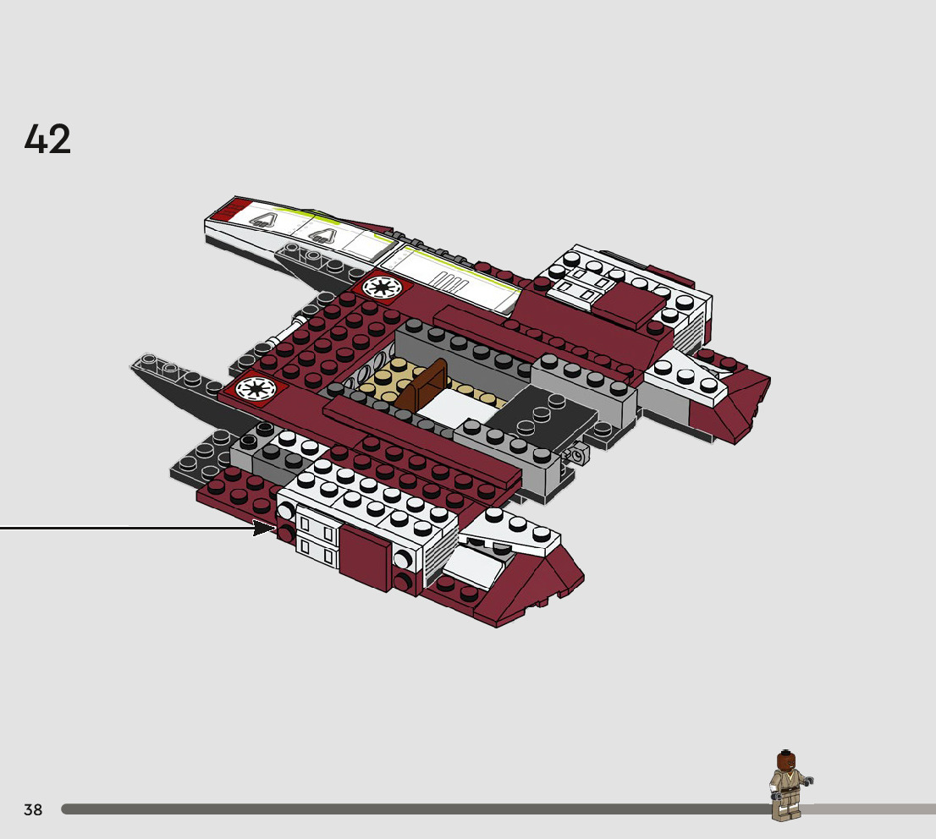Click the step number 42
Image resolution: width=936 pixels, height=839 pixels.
[48, 140]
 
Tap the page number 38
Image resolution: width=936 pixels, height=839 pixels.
[33, 809]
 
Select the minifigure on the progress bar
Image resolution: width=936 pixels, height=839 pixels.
[789, 787]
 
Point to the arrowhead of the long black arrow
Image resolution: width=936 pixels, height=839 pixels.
[267, 529]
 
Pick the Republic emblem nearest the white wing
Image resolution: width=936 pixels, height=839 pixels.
[381, 287]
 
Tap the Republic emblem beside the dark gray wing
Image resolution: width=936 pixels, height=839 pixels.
[252, 388]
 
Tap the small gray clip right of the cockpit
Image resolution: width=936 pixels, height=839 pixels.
[578, 455]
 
